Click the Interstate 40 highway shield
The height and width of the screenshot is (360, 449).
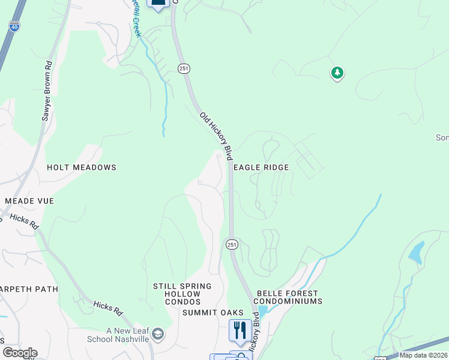tap(14, 26)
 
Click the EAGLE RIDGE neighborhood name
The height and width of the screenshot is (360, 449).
tap(261, 168)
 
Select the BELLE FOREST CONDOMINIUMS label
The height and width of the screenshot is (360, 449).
tap(289, 297)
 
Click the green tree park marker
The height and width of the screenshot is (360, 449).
tap(337, 73)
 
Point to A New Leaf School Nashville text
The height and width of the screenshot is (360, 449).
tap(127, 335)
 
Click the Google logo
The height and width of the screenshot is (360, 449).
tap(20, 353)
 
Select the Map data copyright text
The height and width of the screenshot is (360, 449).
tap(423, 355)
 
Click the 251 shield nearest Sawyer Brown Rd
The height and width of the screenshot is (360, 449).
tap(184, 69)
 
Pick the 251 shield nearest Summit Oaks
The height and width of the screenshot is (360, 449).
tap(232, 244)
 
